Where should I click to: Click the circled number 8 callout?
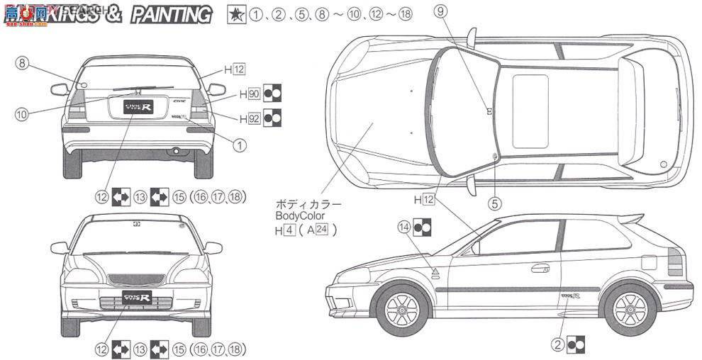23,64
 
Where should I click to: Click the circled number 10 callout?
23,113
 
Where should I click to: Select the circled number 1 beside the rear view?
240,144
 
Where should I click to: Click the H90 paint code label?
249,93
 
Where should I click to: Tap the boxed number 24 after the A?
322,229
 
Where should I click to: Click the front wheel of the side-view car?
402,310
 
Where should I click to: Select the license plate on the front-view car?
137,296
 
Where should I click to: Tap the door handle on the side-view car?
540,268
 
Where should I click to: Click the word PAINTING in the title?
172,14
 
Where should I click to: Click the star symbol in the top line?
233,14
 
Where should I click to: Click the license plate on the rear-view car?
137,107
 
